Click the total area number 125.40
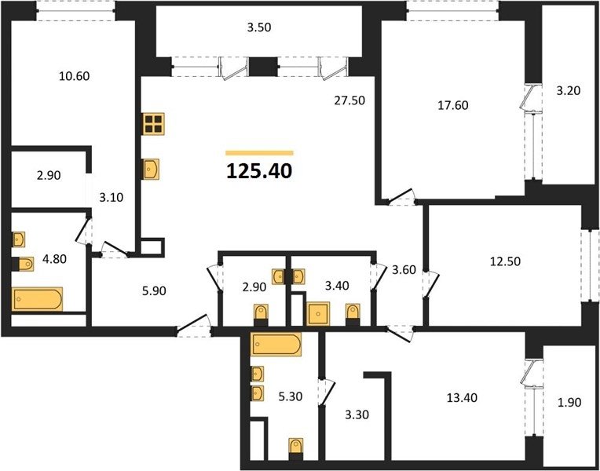pos(259,171)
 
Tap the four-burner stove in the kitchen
pos(153,124)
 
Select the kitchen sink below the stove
pos(151,169)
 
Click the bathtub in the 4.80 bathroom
pos(37,299)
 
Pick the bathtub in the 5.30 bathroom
pos(276,344)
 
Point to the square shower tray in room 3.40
pos(318,313)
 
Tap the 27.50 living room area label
pos(349,100)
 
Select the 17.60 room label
pos(453,105)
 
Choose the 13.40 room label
pos(463,398)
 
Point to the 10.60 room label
pos(75,76)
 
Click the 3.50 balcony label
pos(258,28)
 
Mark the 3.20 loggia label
pos(569,91)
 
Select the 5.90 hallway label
pos(154,291)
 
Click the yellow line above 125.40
pos(259,153)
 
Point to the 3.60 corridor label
pos(404,270)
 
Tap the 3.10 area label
pos(112,198)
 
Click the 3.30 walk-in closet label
pos(357,414)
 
